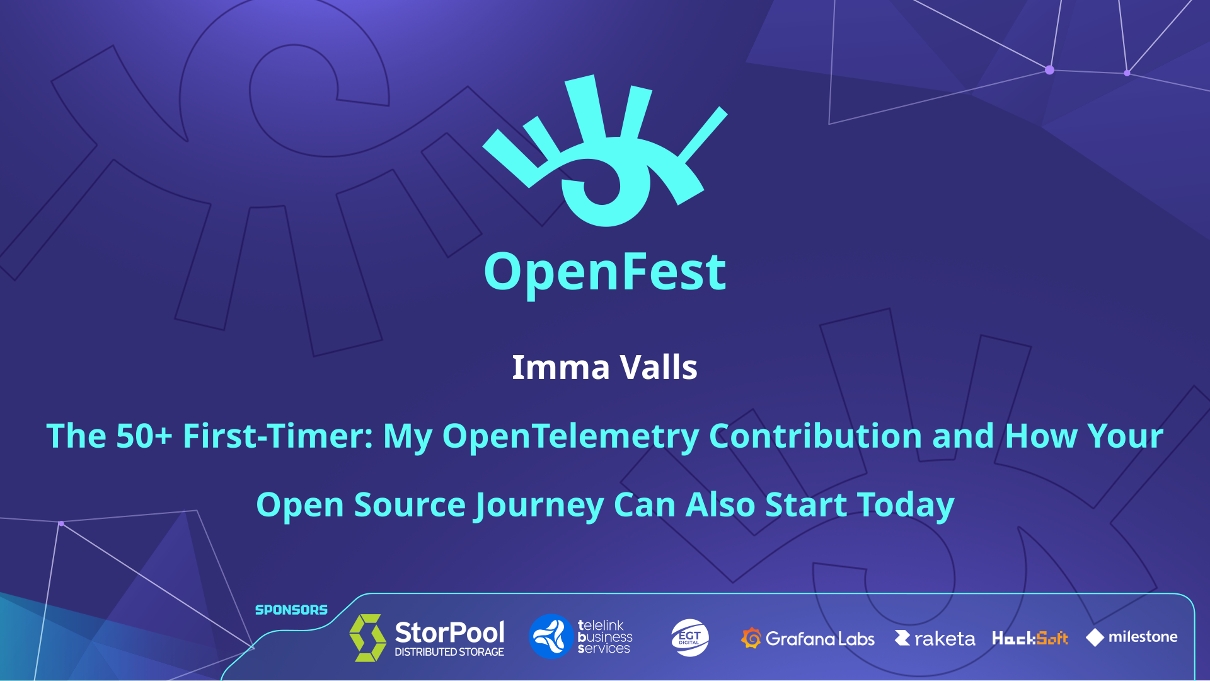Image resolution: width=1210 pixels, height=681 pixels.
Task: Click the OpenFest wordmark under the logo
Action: point(605,272)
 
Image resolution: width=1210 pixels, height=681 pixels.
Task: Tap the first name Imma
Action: point(560,368)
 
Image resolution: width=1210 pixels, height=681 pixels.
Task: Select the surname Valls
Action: point(659,368)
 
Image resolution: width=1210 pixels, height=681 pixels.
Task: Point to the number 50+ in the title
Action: point(144,436)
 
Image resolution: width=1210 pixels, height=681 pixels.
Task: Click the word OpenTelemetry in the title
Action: point(570,437)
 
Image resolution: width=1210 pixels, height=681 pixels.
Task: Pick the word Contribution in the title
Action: point(815,436)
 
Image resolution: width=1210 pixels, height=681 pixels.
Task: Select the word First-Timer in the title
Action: point(277,436)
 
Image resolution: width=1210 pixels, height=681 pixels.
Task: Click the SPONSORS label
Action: point(291,610)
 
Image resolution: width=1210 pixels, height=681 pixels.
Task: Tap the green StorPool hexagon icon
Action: point(368,637)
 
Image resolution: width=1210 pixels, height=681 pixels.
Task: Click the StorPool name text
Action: point(449,632)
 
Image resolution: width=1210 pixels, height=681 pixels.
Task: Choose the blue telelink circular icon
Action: point(551,637)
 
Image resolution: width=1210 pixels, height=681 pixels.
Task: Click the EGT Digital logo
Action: point(689,637)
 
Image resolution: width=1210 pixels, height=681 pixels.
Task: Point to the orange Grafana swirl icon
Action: point(751,638)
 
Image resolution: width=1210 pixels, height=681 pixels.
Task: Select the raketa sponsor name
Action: point(944,639)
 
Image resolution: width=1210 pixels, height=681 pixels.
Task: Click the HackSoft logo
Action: point(1030,638)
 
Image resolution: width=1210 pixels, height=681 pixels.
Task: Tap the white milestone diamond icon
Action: point(1095,637)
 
